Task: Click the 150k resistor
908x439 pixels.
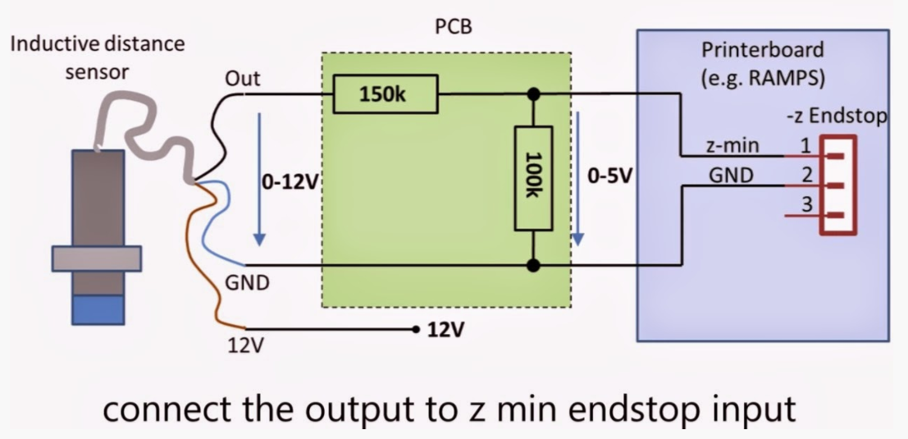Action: point(384,94)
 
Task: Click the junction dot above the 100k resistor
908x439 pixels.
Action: point(534,94)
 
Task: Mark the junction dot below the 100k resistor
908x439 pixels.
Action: point(534,264)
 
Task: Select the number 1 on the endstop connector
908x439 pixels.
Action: point(805,146)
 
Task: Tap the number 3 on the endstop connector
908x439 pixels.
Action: point(805,205)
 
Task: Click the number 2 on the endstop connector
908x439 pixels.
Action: point(805,174)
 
